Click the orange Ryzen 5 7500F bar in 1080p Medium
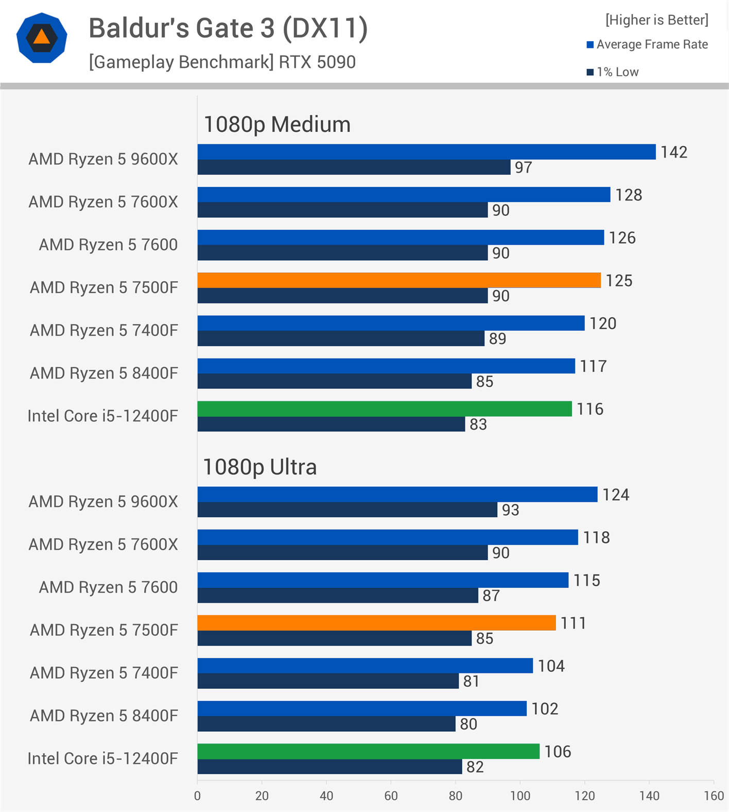coord(399,280)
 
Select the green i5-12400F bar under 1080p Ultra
coord(368,751)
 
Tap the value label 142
coord(674,152)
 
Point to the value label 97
coord(523,167)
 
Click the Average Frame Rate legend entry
coord(652,44)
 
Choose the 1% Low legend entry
coord(617,72)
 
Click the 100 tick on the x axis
coord(520,796)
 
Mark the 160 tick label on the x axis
coord(714,796)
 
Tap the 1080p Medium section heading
coord(277,125)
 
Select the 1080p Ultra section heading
coord(260,467)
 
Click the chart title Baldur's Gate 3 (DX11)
coord(228,28)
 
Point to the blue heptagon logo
coord(42,38)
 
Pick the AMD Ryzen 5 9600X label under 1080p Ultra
coord(103,501)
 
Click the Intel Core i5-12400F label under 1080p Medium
coord(102,416)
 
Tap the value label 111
coord(573,623)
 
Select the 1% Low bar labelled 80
coord(326,724)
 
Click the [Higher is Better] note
coord(656,20)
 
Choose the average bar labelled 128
coord(404,195)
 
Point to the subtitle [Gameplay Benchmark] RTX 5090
coord(222,62)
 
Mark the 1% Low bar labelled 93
coord(347,510)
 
